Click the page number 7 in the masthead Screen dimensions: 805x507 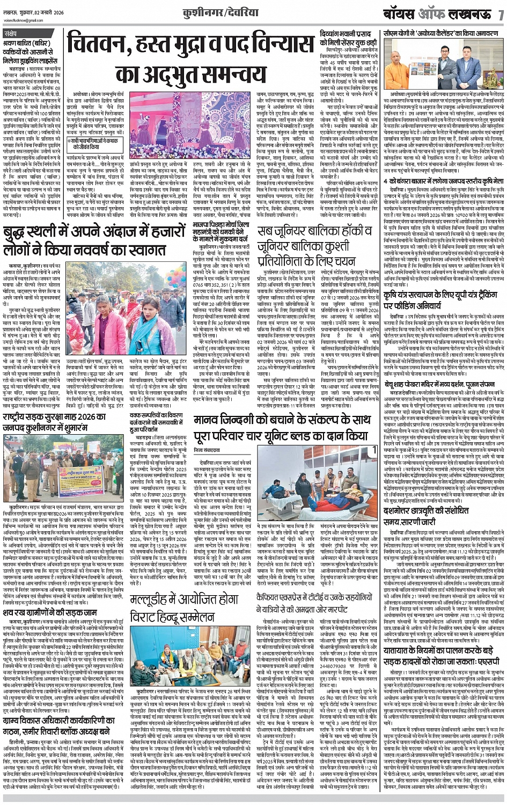[501, 14]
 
